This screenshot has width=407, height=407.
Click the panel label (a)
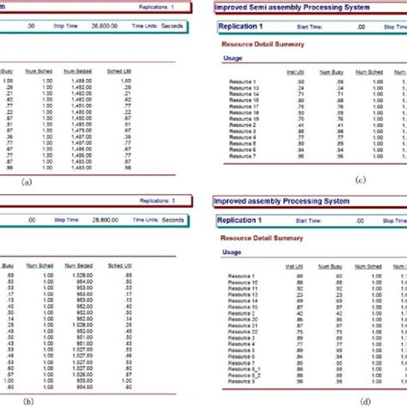pyautogui.click(x=27, y=182)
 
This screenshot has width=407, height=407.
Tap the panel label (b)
pyautogui.click(x=27, y=401)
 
